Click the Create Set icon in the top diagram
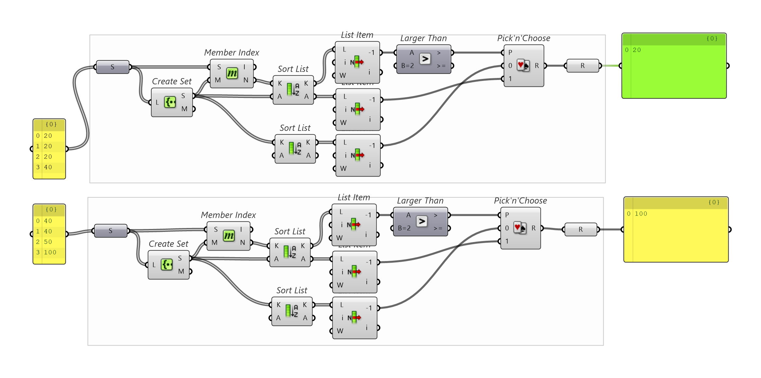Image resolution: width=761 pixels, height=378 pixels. click(x=170, y=102)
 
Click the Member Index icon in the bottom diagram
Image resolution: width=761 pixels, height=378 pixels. click(x=229, y=236)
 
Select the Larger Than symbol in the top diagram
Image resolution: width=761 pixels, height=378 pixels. click(x=425, y=59)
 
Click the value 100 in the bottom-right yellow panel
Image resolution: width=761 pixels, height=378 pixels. click(x=641, y=214)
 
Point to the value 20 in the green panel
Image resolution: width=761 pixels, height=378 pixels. click(x=637, y=50)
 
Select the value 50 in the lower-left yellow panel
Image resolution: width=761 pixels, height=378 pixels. click(x=48, y=242)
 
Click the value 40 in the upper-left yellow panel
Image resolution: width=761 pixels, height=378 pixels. click(x=48, y=167)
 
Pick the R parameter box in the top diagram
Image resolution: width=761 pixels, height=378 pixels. click(x=583, y=66)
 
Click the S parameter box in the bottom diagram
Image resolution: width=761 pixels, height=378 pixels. click(x=111, y=231)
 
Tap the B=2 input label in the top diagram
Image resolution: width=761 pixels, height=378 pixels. click(x=408, y=66)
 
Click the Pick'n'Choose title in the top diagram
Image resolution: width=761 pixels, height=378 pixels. click(x=523, y=38)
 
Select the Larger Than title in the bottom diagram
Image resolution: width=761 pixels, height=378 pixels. click(x=420, y=201)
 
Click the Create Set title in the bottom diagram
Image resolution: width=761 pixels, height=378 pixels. click(x=168, y=244)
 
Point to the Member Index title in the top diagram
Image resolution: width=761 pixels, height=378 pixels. click(x=232, y=53)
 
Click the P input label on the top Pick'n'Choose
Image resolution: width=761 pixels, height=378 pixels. click(x=510, y=52)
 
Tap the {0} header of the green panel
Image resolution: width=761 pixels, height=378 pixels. click(x=712, y=39)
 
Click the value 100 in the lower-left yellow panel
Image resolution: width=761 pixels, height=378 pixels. click(x=50, y=252)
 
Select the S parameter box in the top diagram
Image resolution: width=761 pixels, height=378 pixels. click(x=113, y=67)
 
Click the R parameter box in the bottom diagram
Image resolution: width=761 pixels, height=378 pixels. click(x=581, y=229)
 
